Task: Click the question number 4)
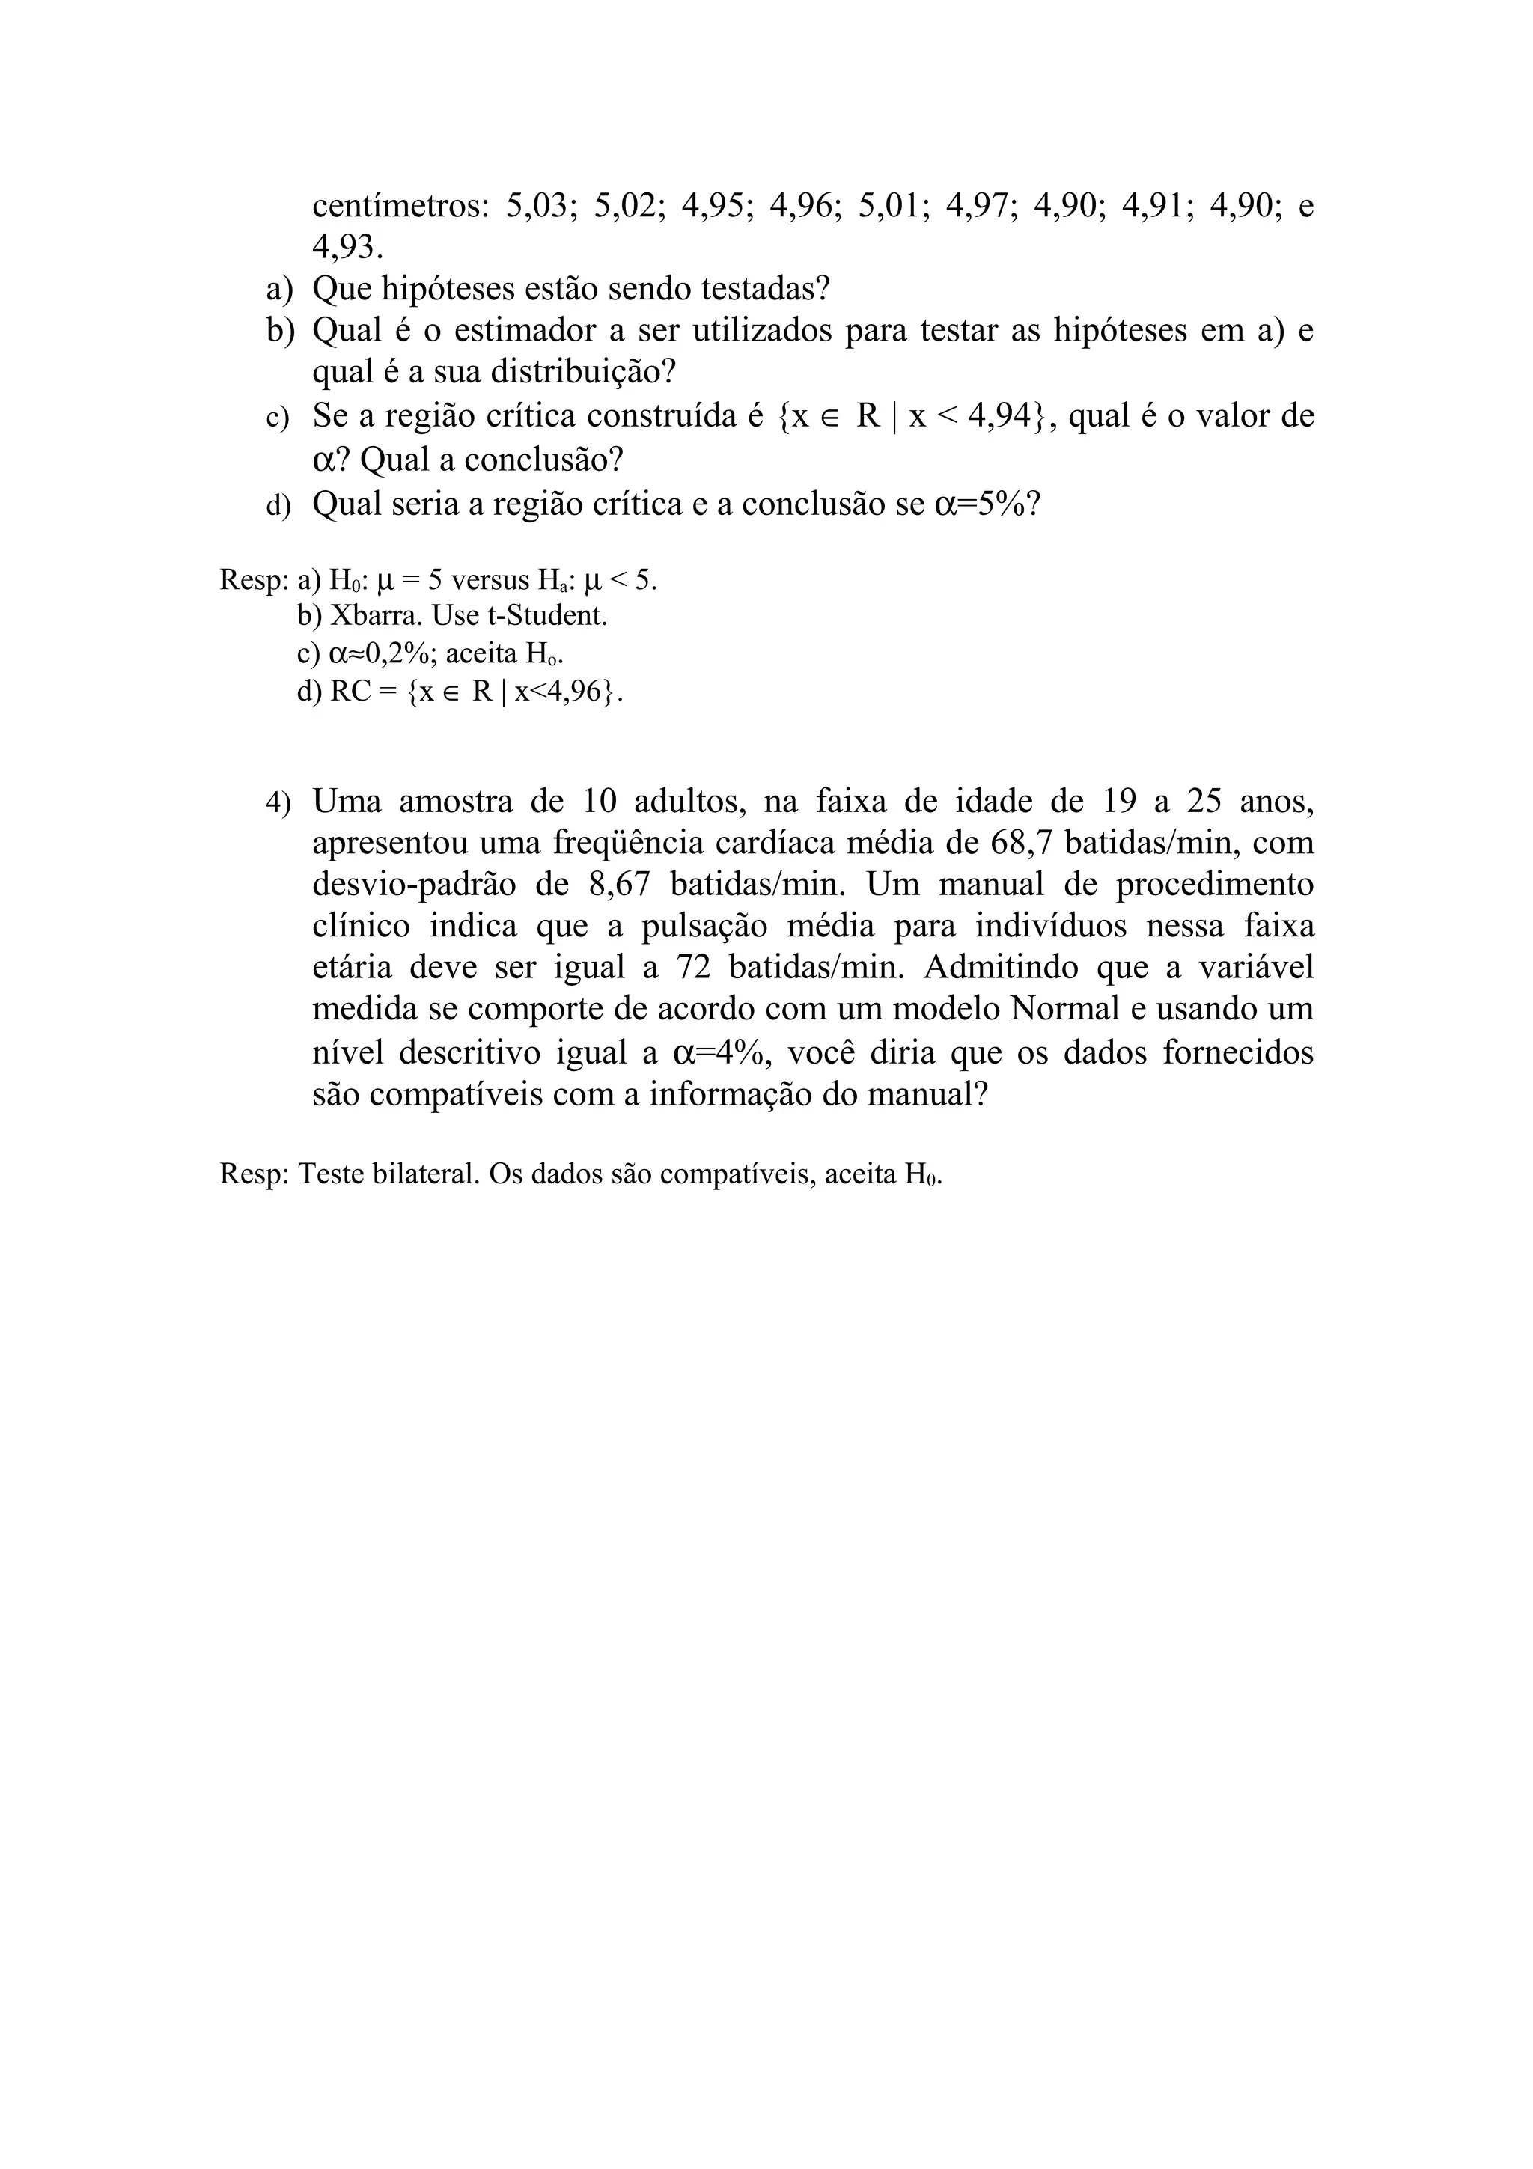[x=278, y=803]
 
